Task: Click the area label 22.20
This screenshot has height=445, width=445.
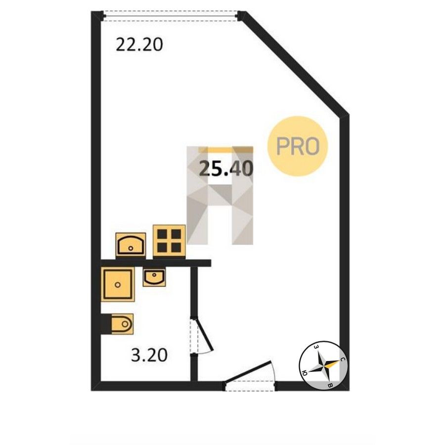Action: pyautogui.click(x=139, y=45)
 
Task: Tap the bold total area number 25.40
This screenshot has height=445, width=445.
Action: pyautogui.click(x=226, y=169)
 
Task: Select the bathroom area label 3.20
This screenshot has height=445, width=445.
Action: pyautogui.click(x=149, y=355)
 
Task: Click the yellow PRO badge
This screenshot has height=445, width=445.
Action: pyautogui.click(x=298, y=146)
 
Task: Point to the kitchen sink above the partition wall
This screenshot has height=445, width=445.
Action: pyautogui.click(x=131, y=244)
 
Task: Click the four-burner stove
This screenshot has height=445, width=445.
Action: pyautogui.click(x=169, y=241)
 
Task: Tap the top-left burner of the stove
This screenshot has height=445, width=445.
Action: pyautogui.click(x=162, y=234)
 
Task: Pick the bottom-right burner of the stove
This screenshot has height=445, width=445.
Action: pyautogui.click(x=176, y=248)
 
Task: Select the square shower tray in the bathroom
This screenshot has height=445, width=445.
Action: pyautogui.click(x=118, y=284)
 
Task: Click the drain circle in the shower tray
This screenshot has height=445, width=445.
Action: pyautogui.click(x=118, y=284)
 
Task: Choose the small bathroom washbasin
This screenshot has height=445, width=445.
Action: pyautogui.click(x=154, y=277)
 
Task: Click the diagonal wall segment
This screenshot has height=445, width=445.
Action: pyautogui.click(x=295, y=63)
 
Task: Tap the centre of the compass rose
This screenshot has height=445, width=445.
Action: pyautogui.click(x=323, y=365)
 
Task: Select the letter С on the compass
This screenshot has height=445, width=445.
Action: pyautogui.click(x=343, y=359)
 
